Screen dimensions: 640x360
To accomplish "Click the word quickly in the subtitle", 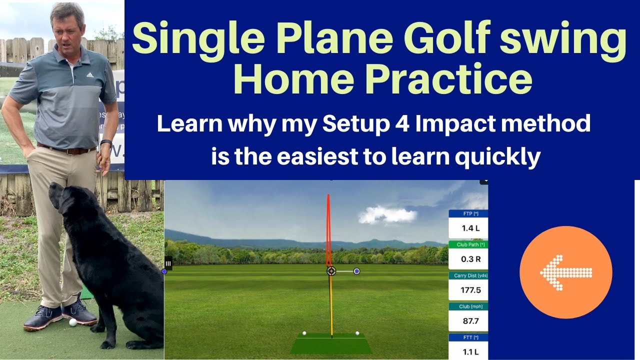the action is pos(497,157).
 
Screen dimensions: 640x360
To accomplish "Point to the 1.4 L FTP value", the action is pos(470,228).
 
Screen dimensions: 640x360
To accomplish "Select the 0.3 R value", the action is pos(471,259).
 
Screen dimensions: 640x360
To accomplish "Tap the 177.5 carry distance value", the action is pos(470,290).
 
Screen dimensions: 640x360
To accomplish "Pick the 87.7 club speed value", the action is pos(470,321).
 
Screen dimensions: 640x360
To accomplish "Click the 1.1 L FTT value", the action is pos(470,352).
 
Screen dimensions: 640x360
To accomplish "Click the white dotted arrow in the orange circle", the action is pos(565,272).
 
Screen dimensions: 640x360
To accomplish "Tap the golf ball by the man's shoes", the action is pos(73,322).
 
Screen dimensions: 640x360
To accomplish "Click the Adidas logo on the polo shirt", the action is pos(90,75).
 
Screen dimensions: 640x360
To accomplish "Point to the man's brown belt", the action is pos(67,149).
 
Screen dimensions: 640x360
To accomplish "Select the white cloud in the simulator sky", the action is pos(387,214).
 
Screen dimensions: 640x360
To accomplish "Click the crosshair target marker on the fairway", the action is pos(331,271).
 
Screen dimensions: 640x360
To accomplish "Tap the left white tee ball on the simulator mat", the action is pos(304,333).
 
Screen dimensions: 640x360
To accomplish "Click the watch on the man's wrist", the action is pos(106,142).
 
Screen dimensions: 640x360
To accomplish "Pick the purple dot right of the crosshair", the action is pos(356,271).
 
